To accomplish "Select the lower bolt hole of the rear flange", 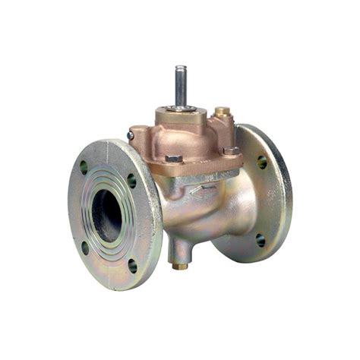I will [x=261, y=240].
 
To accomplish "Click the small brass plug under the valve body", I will [x=179, y=265].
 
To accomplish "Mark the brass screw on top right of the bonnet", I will [x=222, y=113].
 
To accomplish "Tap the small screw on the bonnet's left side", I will [x=131, y=135].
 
